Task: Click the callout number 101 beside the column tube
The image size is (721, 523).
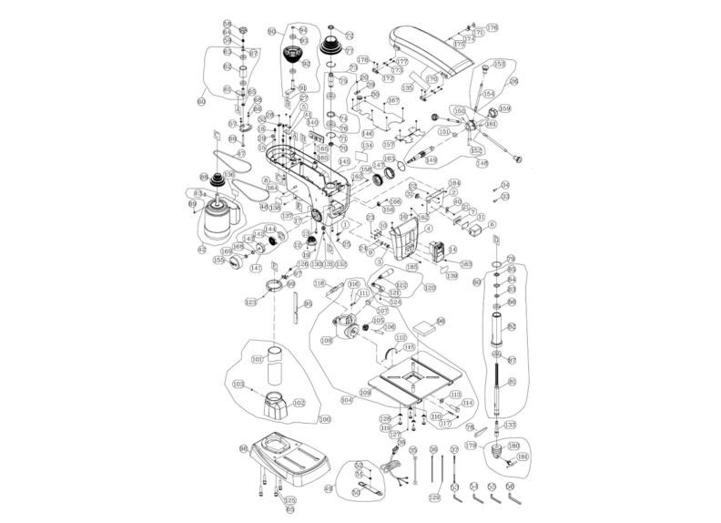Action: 258,359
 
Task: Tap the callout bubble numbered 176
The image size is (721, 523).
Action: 492,28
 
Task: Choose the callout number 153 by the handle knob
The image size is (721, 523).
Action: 498,64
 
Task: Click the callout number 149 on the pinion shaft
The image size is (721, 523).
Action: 431,159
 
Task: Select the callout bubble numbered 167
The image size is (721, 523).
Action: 393,100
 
